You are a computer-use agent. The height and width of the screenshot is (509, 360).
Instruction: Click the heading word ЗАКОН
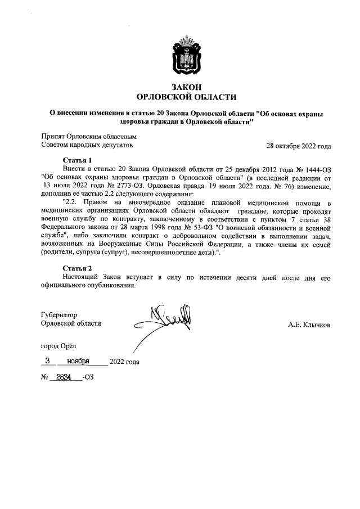(x=186, y=87)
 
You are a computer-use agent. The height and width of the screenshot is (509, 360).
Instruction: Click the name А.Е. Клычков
(x=309, y=325)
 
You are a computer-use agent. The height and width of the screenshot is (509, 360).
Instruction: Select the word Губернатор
(x=59, y=315)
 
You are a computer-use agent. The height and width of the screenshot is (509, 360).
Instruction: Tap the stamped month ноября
(x=78, y=361)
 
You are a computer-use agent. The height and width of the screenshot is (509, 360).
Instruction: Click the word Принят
(x=53, y=136)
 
